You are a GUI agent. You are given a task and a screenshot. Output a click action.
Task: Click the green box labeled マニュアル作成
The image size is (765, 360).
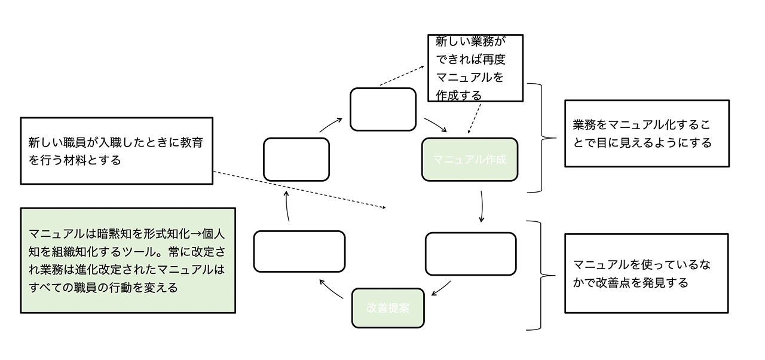[470, 160]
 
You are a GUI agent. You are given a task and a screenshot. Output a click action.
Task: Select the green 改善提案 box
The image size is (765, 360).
[387, 308]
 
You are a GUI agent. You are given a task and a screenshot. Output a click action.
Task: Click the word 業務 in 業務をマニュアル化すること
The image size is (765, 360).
[584, 125]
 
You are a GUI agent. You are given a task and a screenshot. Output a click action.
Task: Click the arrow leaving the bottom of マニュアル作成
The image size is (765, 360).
[482, 207]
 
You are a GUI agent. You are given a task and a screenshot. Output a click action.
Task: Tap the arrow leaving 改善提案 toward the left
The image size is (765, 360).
[331, 289]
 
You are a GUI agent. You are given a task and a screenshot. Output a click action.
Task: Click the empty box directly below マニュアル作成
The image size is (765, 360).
[470, 254]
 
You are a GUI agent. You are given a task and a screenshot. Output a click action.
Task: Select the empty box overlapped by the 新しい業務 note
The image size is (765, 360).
[382, 109]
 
